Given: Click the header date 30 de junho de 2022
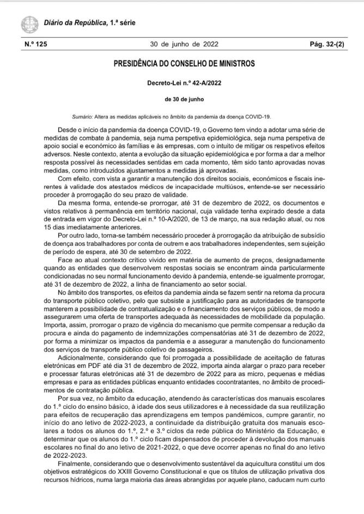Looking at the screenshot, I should (184, 45).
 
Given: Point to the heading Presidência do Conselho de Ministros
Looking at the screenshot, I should (184, 64).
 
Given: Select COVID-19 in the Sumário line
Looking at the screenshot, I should (258, 117).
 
